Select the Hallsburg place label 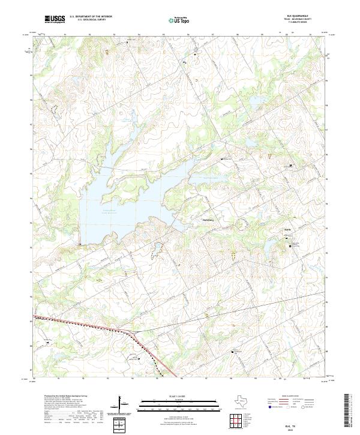click(208, 220)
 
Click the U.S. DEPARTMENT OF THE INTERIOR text click(91, 16)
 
